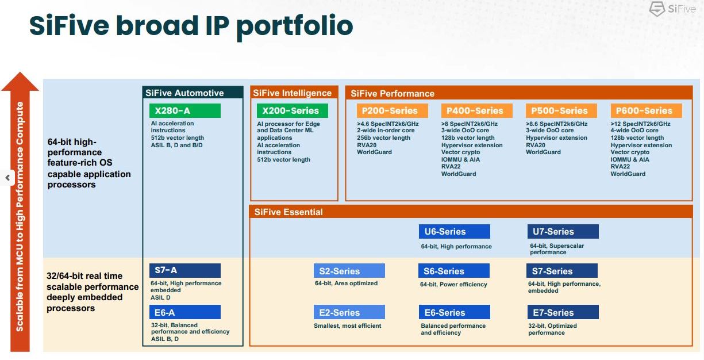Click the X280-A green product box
(185, 110)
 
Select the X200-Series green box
(293, 110)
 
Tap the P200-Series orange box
(392, 110)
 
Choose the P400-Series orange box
(477, 110)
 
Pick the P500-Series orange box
(561, 110)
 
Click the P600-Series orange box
(646, 110)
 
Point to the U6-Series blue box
(455, 231)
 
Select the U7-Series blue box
(563, 231)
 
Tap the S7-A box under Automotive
(185, 270)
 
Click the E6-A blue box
(185, 312)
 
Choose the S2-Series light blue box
(349, 271)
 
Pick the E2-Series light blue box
(349, 312)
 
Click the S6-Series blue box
(454, 271)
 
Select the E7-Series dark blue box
(563, 312)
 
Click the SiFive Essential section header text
(288, 212)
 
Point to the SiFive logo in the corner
(672, 9)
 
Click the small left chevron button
(7, 178)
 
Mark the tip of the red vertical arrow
(20, 72)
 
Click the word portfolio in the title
(294, 26)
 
